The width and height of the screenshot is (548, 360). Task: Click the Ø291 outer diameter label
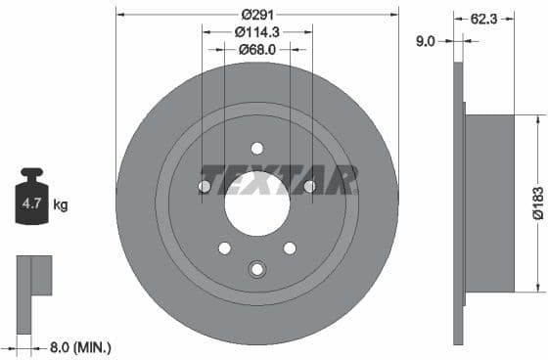click(257, 13)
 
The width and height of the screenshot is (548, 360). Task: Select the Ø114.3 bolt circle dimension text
click(257, 31)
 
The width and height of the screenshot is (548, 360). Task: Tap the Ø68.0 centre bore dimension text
click(257, 49)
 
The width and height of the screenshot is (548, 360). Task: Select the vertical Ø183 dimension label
click(537, 202)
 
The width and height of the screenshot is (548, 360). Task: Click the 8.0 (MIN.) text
click(80, 346)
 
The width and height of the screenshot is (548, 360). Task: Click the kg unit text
click(61, 205)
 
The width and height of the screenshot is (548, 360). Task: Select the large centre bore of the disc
click(256, 204)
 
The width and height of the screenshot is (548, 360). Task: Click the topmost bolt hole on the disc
click(257, 149)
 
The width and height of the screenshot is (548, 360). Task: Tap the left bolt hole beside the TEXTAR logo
click(205, 187)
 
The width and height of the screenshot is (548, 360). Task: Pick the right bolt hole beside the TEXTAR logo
click(310, 187)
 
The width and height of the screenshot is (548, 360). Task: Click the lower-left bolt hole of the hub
click(224, 247)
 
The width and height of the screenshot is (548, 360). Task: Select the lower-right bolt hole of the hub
click(290, 247)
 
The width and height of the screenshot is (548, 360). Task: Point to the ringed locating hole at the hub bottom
click(257, 269)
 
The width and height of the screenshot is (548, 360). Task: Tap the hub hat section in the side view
click(489, 202)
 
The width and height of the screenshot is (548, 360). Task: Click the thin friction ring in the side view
click(458, 202)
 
